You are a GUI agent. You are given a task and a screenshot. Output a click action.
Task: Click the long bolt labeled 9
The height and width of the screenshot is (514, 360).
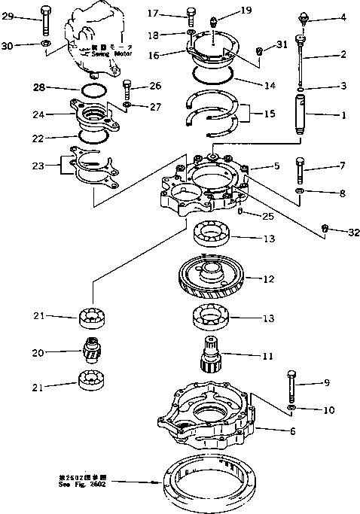coord(291,384)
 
